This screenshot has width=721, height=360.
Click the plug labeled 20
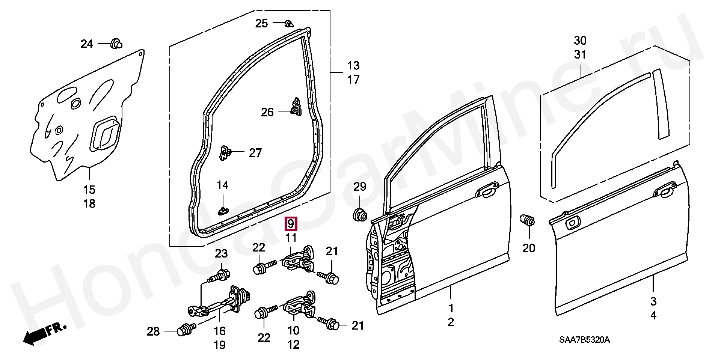(527, 220)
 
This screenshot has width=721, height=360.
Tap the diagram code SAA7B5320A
(584, 340)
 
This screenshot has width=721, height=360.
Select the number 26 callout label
(267, 112)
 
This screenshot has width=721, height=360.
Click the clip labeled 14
(223, 211)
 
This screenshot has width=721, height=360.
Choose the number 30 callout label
(580, 40)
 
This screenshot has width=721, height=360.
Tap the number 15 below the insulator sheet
(89, 189)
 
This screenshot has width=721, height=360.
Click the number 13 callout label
(353, 66)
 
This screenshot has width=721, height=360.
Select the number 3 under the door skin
(653, 301)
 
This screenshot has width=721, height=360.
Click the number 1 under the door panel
(451, 308)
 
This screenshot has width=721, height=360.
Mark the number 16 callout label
(220, 331)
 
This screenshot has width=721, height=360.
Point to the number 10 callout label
(293, 330)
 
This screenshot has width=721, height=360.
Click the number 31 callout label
(580, 55)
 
